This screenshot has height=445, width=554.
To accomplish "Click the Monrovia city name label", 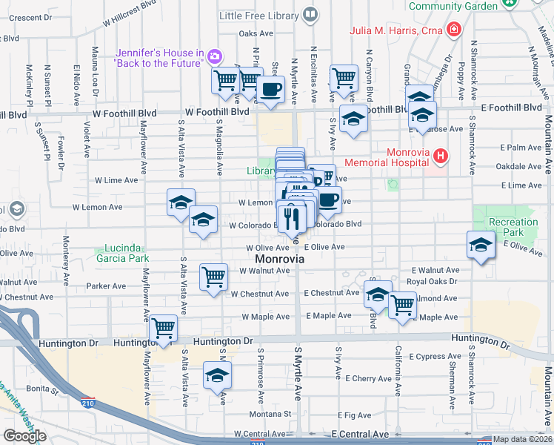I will point(279,260).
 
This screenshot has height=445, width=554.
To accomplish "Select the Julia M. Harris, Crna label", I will point(397,31).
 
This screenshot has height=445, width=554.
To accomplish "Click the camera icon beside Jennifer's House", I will point(215,56).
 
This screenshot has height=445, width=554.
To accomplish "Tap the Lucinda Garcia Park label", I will point(122,253).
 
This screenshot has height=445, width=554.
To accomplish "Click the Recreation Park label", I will point(513,227).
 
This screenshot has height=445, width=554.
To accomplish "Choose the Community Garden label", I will point(453,6).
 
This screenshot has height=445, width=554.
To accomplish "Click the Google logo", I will point(24,436).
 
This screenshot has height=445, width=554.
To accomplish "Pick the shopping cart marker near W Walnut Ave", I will point(213,278).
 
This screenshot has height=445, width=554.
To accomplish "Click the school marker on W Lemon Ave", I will point(181,202).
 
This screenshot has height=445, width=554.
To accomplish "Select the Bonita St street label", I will point(44,389).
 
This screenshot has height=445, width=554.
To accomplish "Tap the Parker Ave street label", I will point(106,286).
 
